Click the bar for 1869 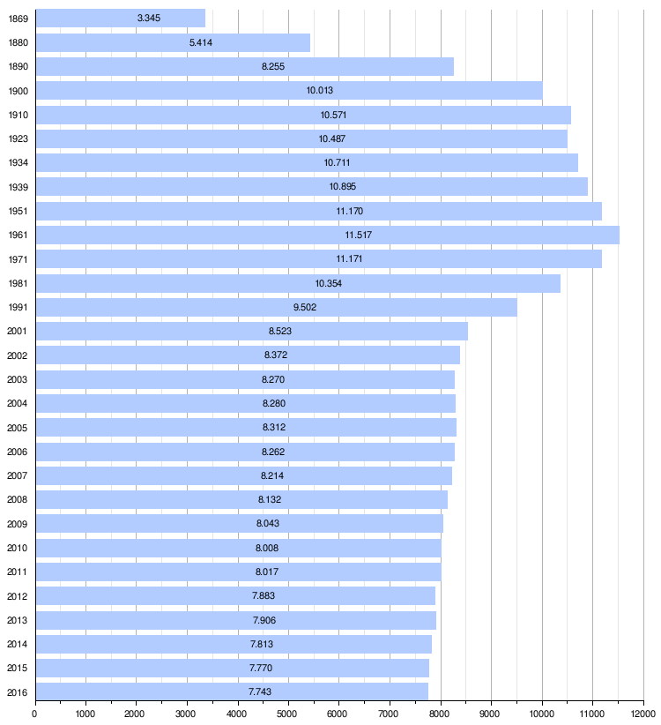pos(120,19)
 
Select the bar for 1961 pos(327,235)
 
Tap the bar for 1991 pos(276,307)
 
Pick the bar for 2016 pos(232,691)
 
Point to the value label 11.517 pos(359,235)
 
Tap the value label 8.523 pos(280,331)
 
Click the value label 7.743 pos(260,691)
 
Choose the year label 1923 pos(18,138)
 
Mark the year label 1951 pos(18,211)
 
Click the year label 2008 pos(18,499)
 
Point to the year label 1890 pos(18,67)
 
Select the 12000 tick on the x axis pos(642,713)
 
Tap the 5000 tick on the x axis pos(288,713)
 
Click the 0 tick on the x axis pos(34,713)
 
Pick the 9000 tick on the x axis pos(491,713)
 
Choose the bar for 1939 pos(311,187)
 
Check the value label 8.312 pos(274,427)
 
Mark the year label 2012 pos(18,595)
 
